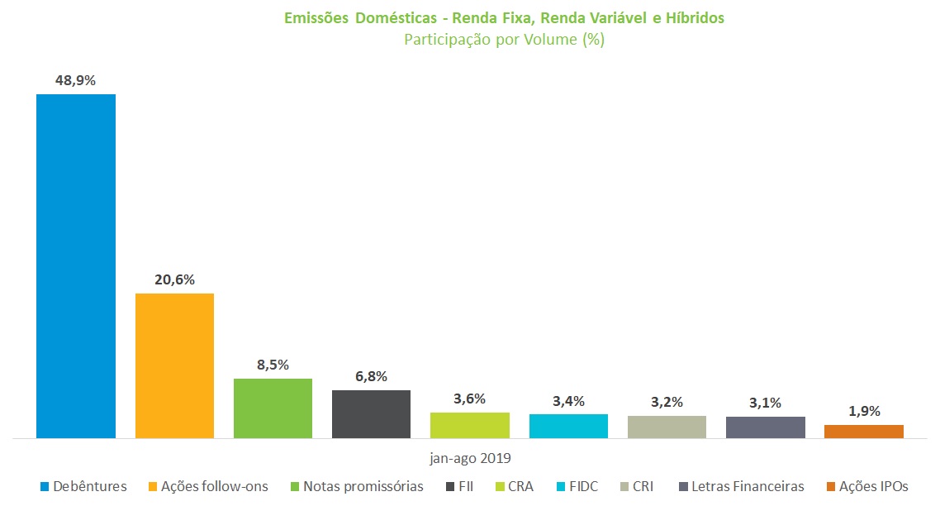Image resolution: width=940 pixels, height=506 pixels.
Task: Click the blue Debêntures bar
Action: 75,265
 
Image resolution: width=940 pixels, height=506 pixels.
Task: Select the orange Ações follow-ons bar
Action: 174,365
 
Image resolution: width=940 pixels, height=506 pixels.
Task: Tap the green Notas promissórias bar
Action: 273,408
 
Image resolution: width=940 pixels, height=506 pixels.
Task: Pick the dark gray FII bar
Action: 371,413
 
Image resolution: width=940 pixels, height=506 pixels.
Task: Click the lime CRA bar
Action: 469,425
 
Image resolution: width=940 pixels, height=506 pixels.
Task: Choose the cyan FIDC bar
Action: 568,426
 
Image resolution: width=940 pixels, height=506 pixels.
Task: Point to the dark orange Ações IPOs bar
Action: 863,431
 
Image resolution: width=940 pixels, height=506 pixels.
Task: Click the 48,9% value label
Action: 75,81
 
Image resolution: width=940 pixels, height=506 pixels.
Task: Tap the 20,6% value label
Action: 174,279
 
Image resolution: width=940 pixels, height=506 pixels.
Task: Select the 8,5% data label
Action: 273,365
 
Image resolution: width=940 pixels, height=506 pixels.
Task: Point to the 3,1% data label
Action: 765,403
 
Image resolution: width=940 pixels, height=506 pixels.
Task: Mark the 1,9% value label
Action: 863,411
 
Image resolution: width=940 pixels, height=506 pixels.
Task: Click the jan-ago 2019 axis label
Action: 470,457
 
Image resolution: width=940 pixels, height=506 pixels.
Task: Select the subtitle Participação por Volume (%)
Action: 504,40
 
